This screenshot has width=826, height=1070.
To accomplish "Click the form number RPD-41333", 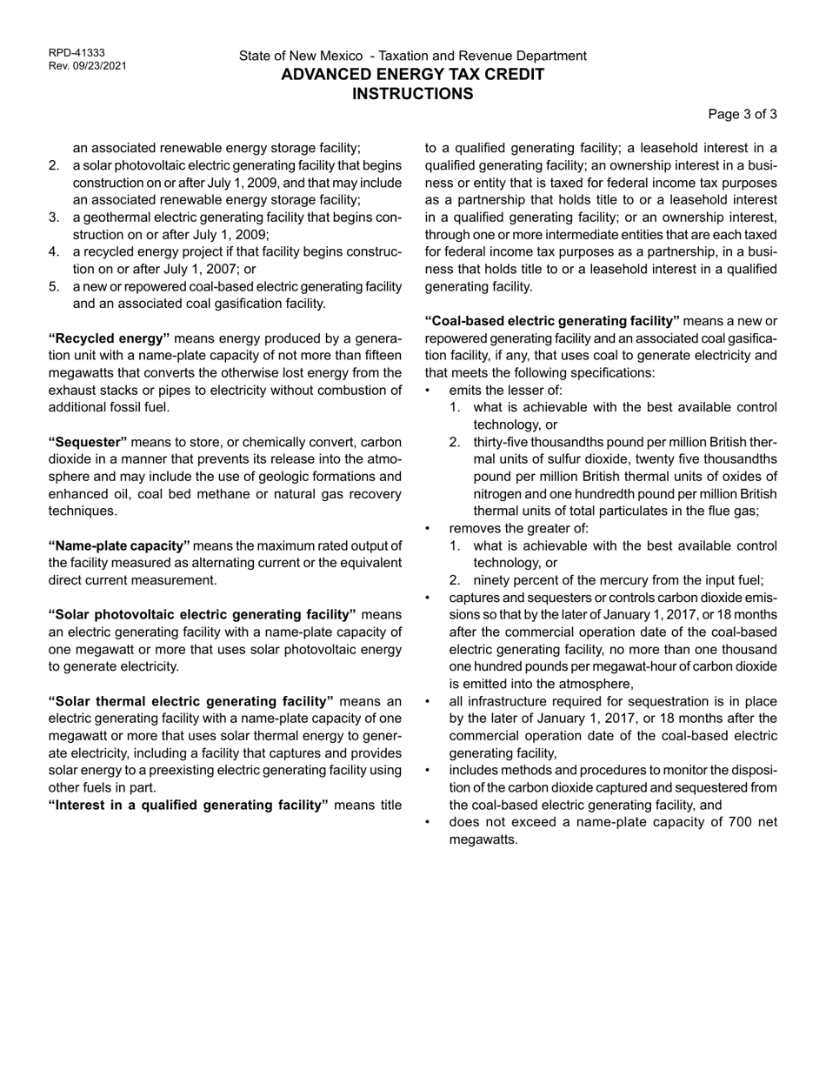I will coord(77,53).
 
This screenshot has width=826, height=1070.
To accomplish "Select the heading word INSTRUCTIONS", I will coord(412,94).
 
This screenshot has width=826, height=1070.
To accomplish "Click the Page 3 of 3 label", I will coord(743,114).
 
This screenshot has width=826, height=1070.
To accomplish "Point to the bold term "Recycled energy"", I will coord(109,338).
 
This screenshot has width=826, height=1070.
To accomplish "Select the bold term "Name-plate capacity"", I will coord(119,545).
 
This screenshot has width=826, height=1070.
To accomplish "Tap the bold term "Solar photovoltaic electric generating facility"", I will coord(202,614).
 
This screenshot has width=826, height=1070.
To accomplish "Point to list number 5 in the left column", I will coord(54,286).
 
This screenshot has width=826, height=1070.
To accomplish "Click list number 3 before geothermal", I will coord(54,217).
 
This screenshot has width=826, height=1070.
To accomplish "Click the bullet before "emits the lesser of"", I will coord(427,391).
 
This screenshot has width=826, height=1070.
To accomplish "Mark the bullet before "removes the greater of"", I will coord(427,529).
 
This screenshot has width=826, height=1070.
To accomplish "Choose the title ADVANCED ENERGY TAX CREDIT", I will coord(412,75).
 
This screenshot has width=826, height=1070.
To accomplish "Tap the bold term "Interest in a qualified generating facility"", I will coord(188,805).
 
